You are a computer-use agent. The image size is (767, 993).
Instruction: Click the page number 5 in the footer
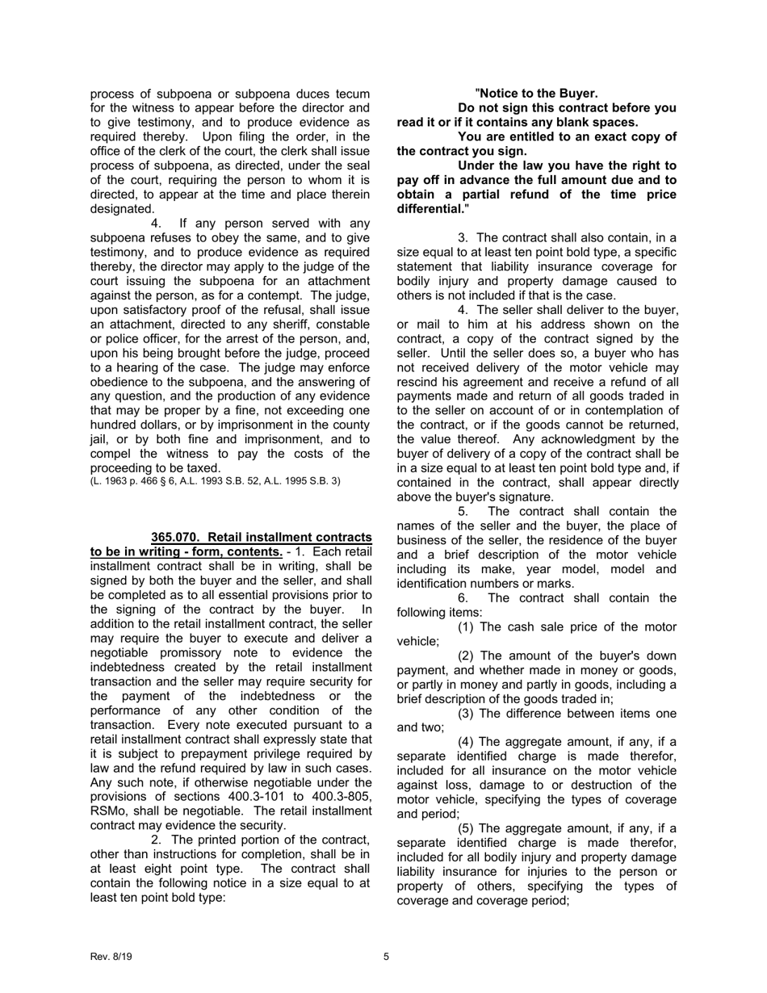[x=386, y=957]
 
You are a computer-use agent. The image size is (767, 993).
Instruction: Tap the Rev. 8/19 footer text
[x=111, y=957]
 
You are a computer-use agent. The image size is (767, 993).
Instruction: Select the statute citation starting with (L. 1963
[x=216, y=481]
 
